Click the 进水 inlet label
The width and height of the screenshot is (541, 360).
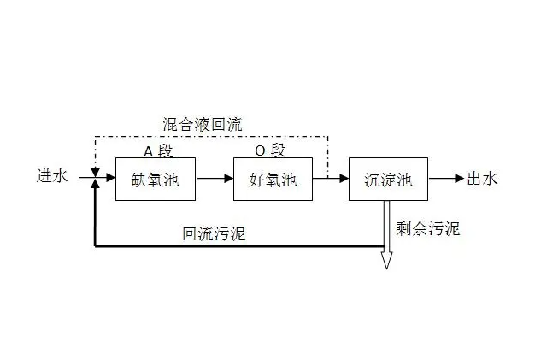50,177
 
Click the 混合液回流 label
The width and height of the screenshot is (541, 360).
202,124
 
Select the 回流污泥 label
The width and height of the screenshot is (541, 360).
214,233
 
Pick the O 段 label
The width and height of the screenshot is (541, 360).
271,150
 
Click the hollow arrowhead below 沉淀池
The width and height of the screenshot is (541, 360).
386,258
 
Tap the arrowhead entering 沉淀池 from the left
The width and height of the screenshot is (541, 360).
344,179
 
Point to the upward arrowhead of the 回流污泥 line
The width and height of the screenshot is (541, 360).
95,186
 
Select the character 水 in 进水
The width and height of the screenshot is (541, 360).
59,177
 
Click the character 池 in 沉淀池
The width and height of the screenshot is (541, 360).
404,180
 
